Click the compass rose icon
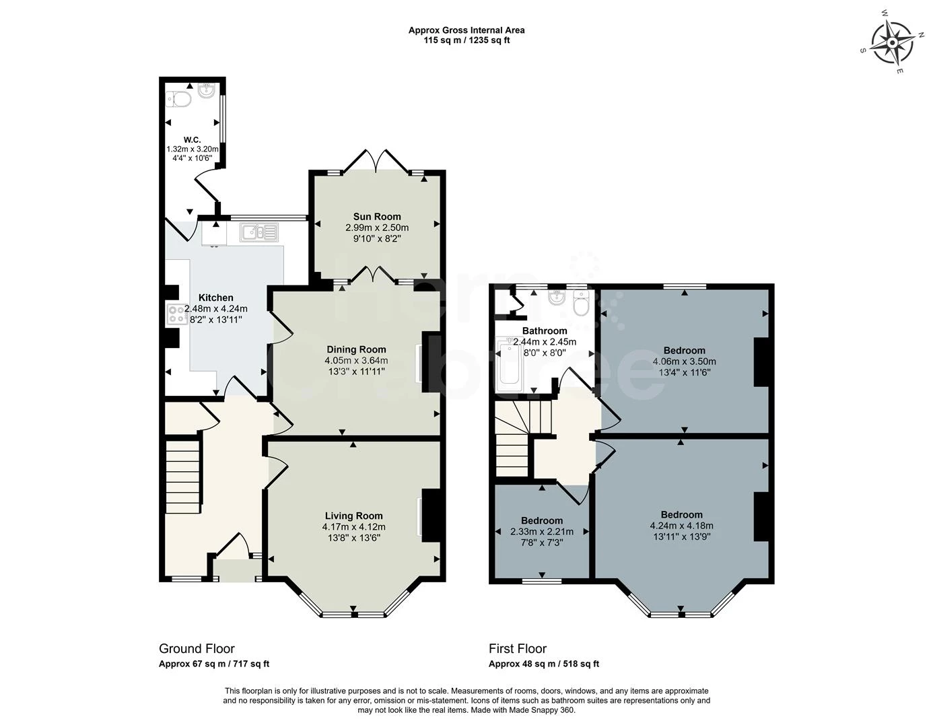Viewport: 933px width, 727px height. [x=892, y=42]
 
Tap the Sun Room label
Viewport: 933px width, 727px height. [x=377, y=217]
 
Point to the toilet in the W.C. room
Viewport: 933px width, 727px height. [x=180, y=100]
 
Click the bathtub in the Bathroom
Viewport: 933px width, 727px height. [x=508, y=366]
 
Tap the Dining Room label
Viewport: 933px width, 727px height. [x=356, y=349]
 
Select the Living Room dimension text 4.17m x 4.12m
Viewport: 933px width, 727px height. [x=353, y=526]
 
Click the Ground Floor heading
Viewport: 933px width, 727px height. [x=197, y=648]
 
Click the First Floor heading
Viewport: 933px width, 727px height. [x=518, y=648]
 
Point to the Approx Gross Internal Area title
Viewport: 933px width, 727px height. [x=466, y=30]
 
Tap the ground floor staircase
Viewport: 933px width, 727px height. [x=183, y=475]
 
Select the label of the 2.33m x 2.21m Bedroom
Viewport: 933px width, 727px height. [x=542, y=520]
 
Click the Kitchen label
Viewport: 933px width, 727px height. [x=215, y=298]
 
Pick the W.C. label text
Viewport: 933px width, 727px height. [x=192, y=140]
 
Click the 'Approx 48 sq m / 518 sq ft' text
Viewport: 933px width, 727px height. [x=544, y=664]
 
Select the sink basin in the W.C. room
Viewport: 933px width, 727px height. [x=207, y=91]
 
